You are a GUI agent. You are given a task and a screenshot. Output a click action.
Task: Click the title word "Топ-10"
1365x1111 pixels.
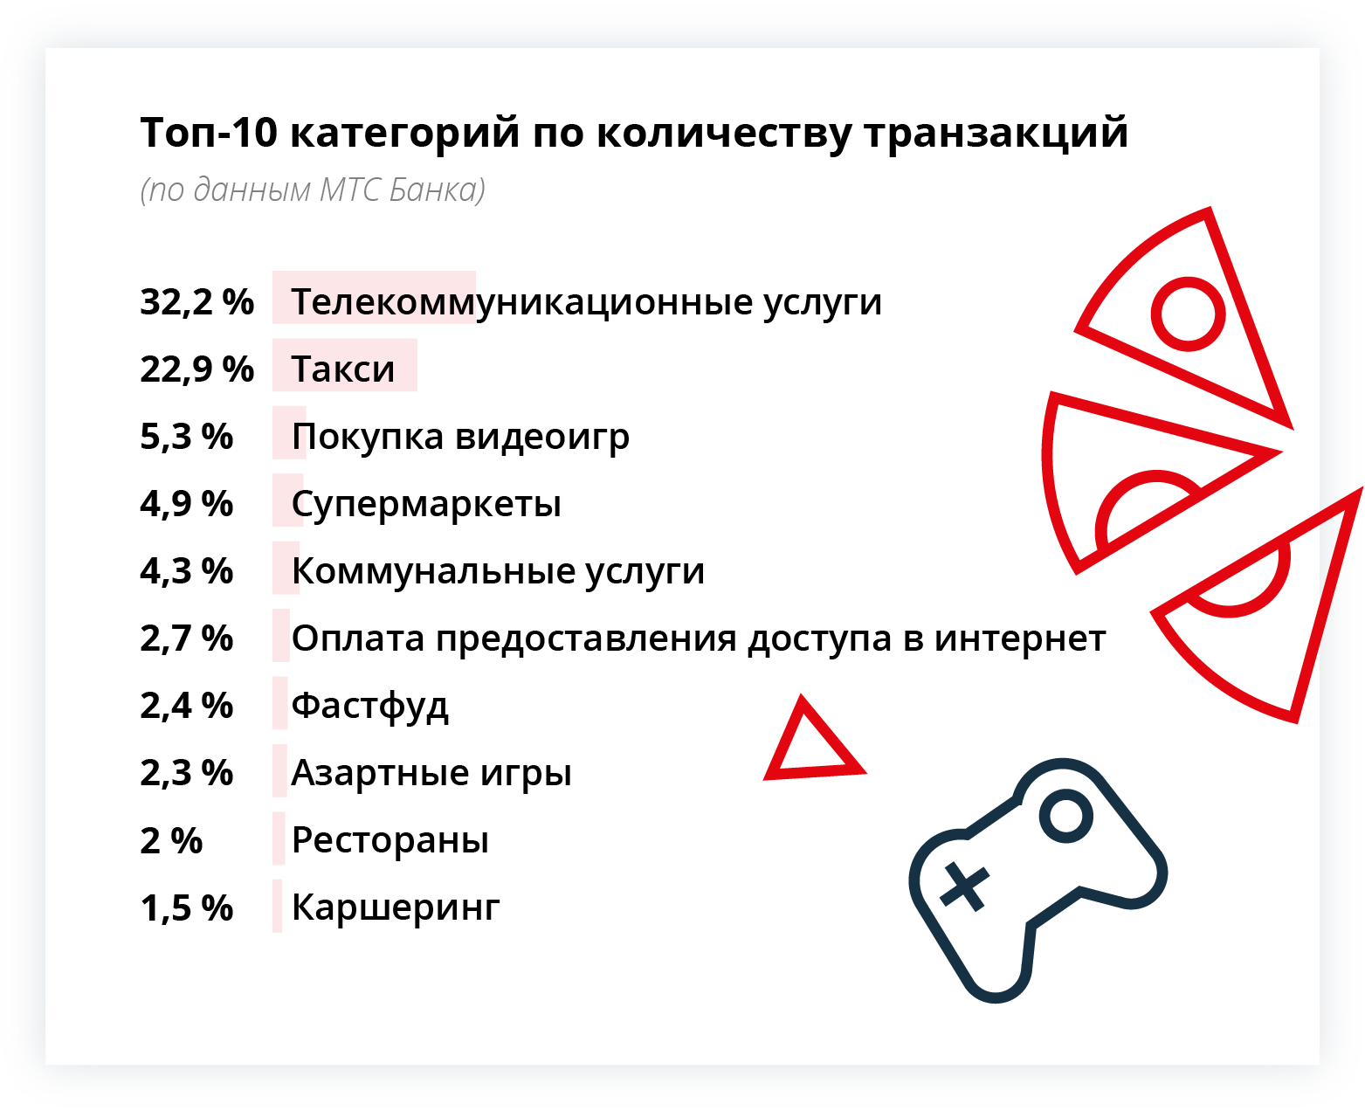[208, 133]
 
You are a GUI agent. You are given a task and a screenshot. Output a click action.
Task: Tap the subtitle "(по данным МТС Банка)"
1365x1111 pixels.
[312, 190]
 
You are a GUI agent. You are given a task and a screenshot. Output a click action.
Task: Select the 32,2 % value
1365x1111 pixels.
[196, 302]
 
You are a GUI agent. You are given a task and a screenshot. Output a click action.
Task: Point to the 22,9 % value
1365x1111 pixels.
[196, 369]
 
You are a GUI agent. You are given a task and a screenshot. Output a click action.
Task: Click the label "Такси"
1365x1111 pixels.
[343, 369]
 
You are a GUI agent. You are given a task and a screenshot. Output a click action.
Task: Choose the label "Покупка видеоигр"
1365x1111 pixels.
[460, 438]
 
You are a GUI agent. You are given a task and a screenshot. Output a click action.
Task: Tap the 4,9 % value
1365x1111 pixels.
[187, 504]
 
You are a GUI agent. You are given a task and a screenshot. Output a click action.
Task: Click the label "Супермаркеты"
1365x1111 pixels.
[426, 505]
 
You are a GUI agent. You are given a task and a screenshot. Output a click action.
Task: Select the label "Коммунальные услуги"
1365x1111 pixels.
[498, 571]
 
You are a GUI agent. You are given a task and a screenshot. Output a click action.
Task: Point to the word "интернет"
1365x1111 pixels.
[1019, 638]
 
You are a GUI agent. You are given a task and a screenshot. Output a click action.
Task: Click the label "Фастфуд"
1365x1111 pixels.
[369, 706]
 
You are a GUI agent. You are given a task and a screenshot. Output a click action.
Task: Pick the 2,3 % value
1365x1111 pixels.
[187, 773]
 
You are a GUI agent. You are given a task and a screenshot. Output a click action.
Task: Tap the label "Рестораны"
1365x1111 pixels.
[390, 840]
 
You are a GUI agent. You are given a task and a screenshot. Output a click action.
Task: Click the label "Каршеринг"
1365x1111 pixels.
[396, 907]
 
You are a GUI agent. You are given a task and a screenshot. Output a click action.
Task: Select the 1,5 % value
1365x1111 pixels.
[187, 907]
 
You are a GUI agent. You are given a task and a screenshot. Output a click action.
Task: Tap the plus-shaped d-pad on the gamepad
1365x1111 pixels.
[964, 887]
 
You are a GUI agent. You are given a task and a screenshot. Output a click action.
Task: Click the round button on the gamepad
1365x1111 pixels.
[1065, 817]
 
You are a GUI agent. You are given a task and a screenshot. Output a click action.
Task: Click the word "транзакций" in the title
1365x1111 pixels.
[996, 134]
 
